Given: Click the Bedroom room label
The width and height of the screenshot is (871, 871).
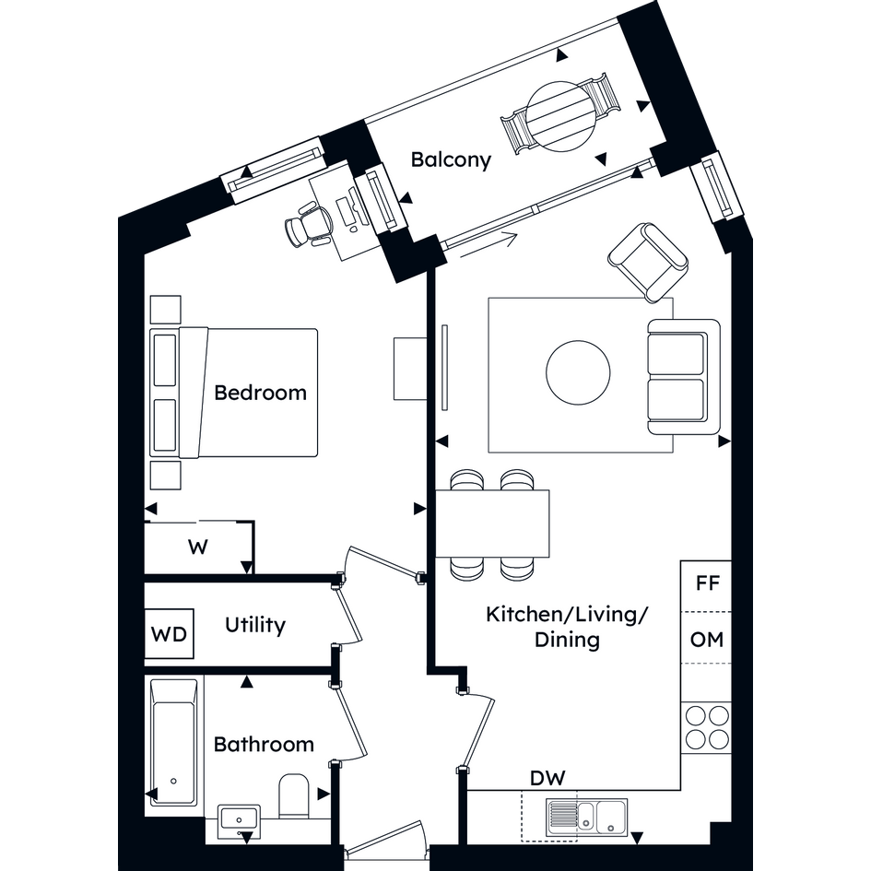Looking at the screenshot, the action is pyautogui.click(x=260, y=393).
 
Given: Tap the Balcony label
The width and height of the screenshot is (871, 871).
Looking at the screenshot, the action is pyautogui.click(x=451, y=160).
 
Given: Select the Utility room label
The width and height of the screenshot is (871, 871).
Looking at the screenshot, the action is pyautogui.click(x=255, y=625).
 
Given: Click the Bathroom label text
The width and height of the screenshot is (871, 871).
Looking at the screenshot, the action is pyautogui.click(x=264, y=745).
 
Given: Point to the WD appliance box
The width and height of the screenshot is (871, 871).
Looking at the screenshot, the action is pyautogui.click(x=169, y=634).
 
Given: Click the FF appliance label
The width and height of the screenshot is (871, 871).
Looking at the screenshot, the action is pyautogui.click(x=708, y=583).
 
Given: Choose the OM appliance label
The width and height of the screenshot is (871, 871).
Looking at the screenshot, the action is pyautogui.click(x=707, y=640).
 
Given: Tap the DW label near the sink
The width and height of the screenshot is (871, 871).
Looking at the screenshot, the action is pyautogui.click(x=547, y=778).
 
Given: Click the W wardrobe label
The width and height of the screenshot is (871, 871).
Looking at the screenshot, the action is pyautogui.click(x=198, y=547).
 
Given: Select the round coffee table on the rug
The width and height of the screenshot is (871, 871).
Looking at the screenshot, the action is pyautogui.click(x=578, y=372).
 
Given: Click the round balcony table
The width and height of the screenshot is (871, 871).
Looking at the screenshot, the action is pyautogui.click(x=561, y=117).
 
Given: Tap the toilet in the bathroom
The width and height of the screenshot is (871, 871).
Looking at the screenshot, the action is pyautogui.click(x=293, y=795).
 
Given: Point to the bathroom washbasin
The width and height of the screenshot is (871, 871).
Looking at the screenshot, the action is pyautogui.click(x=239, y=819).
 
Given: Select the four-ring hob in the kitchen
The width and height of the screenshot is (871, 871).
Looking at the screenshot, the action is pyautogui.click(x=707, y=728).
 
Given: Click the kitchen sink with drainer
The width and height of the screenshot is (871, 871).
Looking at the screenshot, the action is pyautogui.click(x=586, y=818).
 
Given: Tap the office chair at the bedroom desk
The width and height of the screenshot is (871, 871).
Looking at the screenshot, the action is pyautogui.click(x=309, y=224).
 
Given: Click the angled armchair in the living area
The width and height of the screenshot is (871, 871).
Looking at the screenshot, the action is pyautogui.click(x=648, y=262).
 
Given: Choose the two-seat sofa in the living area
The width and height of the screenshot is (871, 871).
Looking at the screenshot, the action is pyautogui.click(x=684, y=377).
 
